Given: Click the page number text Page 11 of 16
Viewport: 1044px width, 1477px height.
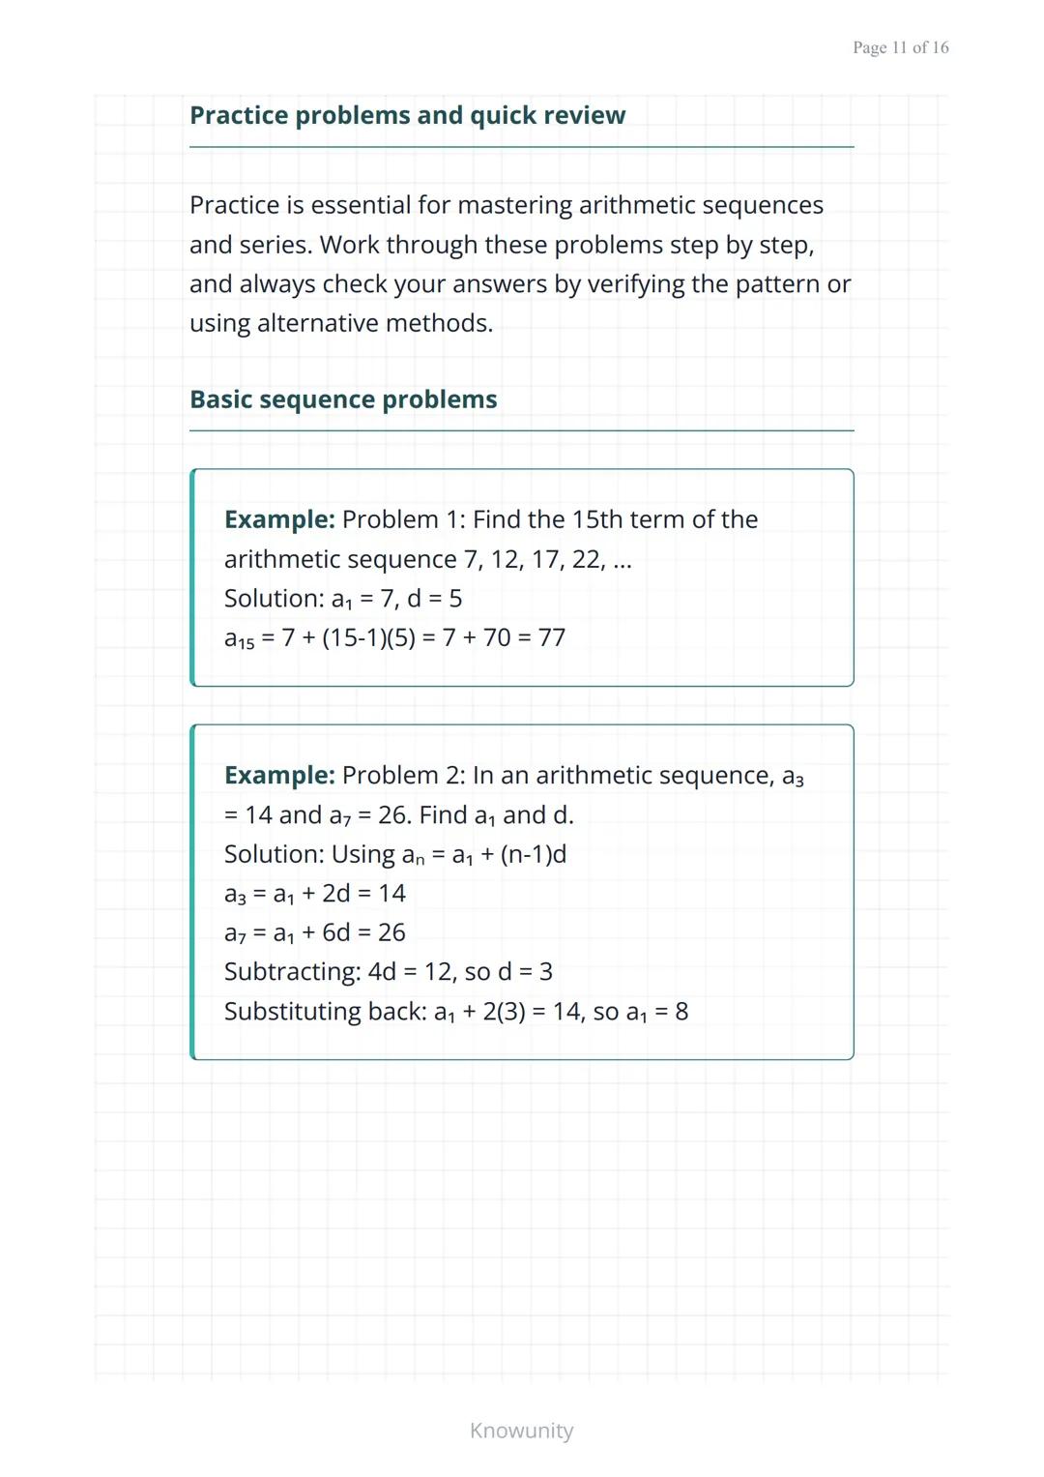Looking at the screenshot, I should point(900,47).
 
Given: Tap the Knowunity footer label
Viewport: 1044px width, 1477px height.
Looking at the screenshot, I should point(521,1431).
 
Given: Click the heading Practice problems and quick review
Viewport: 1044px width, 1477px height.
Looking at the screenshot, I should point(407,115).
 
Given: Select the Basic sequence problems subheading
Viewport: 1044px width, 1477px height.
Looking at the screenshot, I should point(343,399).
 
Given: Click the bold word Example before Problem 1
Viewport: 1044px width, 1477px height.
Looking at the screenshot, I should point(278,519).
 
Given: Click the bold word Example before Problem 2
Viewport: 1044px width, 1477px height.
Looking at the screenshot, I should point(278,776).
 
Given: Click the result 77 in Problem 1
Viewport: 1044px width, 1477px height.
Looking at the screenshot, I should point(551,637).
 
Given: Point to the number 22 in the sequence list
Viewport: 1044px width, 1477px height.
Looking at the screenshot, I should point(588,559).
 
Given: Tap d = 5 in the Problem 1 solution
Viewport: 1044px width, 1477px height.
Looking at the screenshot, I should point(434,599).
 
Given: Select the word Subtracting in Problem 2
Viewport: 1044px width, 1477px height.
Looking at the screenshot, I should point(292,971).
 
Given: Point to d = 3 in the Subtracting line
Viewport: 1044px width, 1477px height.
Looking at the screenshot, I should point(525,971).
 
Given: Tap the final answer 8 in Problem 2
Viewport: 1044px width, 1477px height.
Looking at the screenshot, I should point(681,1011).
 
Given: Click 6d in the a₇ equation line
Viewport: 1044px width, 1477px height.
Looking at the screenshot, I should point(335,932).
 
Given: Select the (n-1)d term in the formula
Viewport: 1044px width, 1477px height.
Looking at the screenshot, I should point(533,854).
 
